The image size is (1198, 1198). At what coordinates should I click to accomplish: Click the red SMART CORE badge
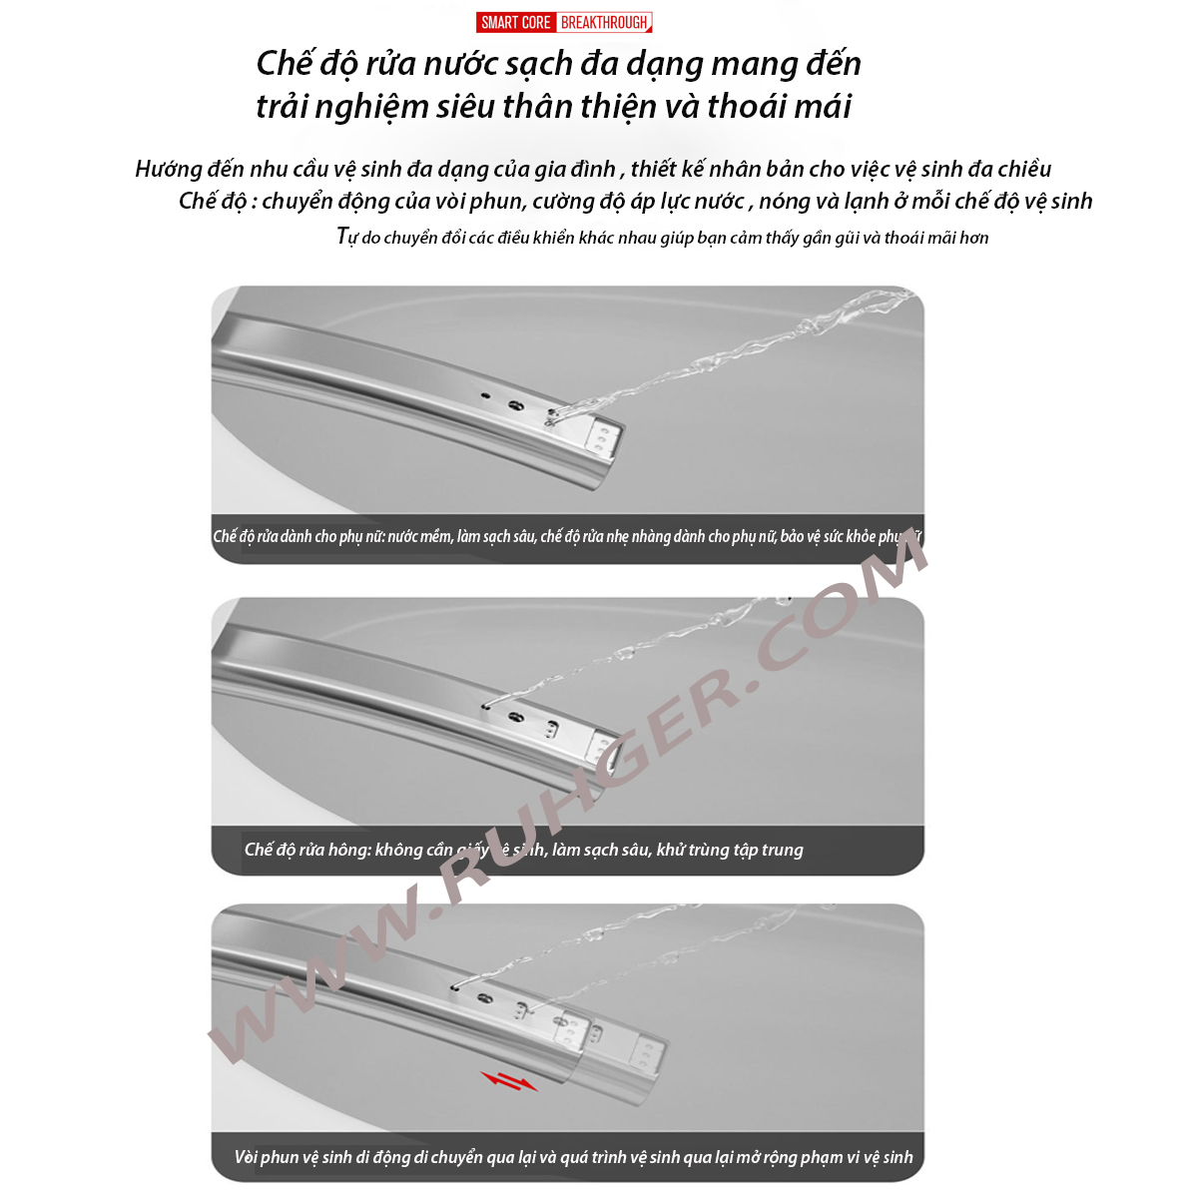[515, 22]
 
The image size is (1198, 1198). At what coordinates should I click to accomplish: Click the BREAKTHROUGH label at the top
[604, 22]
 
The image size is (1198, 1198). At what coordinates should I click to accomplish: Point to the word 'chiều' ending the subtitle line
[1024, 169]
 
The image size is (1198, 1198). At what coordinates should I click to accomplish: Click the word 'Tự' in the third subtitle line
[346, 237]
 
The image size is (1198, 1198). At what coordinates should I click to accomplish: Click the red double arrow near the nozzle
[508, 1081]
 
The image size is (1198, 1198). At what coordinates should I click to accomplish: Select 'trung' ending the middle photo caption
[782, 850]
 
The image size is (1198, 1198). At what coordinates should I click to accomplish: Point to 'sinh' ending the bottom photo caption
[898, 1157]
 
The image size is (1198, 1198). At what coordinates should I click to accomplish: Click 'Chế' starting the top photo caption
[225, 536]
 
